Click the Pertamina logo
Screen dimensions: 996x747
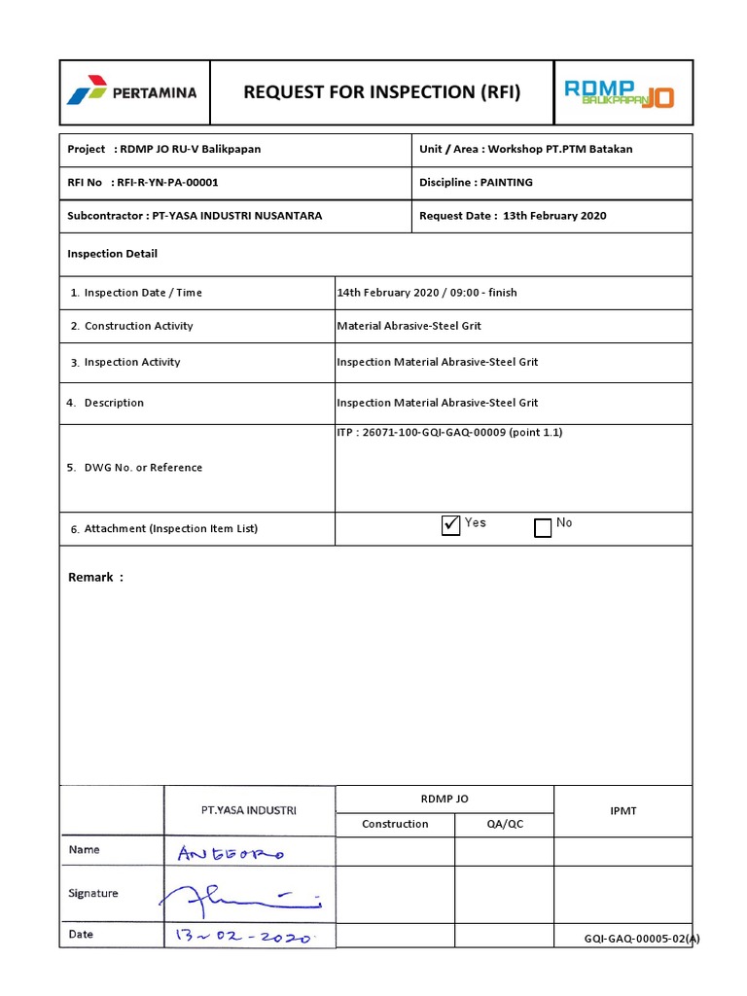point(131,93)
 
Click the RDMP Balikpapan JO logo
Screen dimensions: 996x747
point(621,93)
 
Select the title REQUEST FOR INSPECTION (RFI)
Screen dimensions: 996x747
point(381,92)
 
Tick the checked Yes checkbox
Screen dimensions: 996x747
point(450,526)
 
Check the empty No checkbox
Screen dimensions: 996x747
point(543,527)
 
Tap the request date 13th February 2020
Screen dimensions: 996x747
point(554,216)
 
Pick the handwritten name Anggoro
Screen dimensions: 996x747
point(231,853)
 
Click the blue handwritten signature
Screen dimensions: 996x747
point(243,896)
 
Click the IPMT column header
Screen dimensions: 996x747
point(622,810)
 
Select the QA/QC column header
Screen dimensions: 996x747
point(504,824)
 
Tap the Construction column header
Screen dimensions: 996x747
point(395,824)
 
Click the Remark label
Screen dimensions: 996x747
point(95,577)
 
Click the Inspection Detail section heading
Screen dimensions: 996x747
point(112,254)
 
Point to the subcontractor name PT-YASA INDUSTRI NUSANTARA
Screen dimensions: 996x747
point(236,216)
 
